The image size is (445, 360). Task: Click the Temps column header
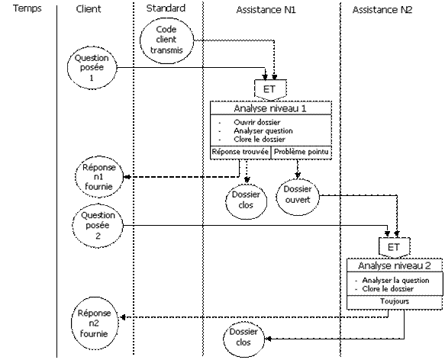[27, 8]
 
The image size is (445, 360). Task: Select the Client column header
[89, 9]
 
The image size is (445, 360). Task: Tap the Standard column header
[166, 8]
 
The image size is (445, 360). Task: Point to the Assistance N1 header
[266, 10]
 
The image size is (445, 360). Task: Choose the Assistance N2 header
[382, 10]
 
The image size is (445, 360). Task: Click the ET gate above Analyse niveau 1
[270, 90]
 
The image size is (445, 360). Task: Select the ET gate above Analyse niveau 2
[394, 247]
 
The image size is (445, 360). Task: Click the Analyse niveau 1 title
[270, 108]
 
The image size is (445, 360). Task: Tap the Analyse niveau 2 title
[395, 266]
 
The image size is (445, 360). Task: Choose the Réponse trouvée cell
[240, 152]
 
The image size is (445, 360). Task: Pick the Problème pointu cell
[302, 152]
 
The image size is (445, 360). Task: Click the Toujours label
[395, 301]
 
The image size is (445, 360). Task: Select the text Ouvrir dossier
[256, 123]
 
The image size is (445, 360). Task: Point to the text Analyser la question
[395, 281]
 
